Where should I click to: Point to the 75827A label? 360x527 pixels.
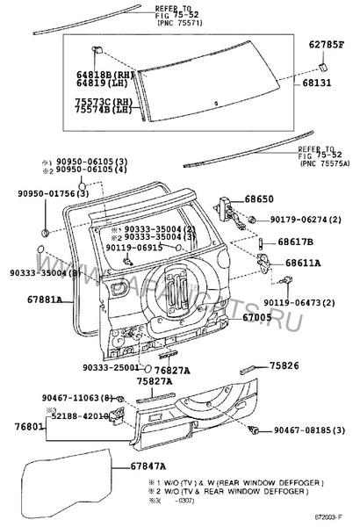click(155, 382)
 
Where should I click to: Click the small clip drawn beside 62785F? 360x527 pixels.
click(322, 63)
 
